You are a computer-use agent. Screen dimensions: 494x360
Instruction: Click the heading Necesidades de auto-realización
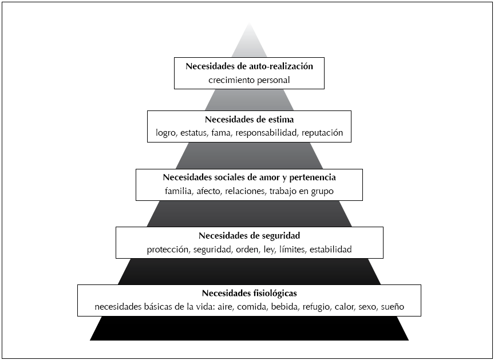pos(249,66)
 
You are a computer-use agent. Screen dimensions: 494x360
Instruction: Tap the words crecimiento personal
pos(249,80)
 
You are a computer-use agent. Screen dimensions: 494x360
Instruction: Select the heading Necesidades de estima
pos(249,120)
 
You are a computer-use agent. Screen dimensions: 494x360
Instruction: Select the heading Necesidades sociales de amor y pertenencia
pos(249,177)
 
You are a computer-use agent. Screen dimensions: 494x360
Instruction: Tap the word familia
pos(178,191)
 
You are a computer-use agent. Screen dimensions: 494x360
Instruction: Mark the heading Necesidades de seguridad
pos(249,236)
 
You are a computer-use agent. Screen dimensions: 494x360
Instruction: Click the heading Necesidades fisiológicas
pos(249,293)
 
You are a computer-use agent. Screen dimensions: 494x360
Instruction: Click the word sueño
pos(393,307)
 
